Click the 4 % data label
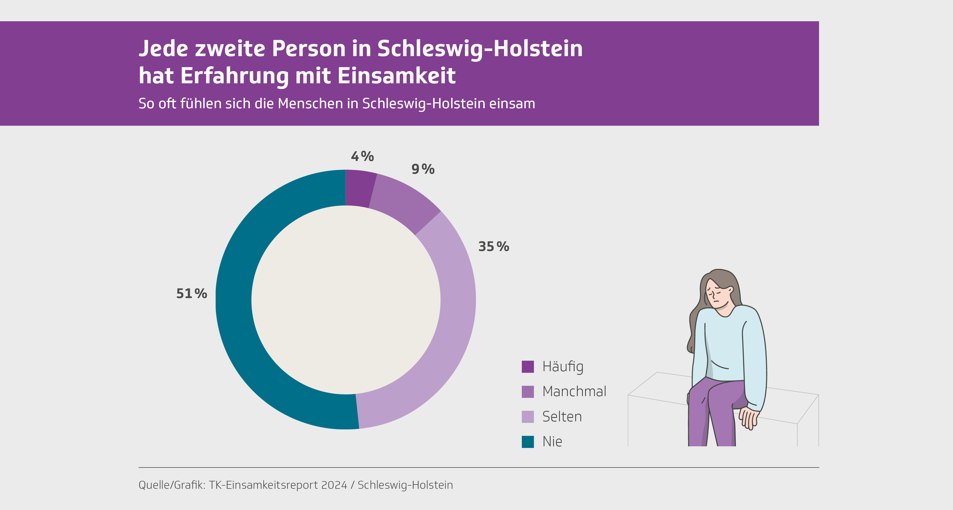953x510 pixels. coord(362,156)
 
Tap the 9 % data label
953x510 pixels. coord(423,169)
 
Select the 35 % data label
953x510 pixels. coord(494,246)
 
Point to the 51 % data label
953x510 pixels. coord(191,294)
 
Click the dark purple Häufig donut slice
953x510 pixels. coord(360,188)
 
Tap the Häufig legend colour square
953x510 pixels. coord(528,367)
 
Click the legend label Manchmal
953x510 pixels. coord(574,391)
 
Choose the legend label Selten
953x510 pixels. coord(562,416)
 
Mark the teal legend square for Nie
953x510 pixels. coord(528,442)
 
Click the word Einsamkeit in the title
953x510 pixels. coord(396,76)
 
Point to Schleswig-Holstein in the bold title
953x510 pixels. coord(480,48)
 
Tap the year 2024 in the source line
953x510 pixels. coord(334,485)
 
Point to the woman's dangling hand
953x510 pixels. coord(749,418)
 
